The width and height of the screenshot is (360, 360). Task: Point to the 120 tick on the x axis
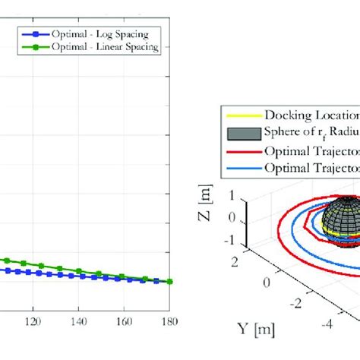click(x=32, y=321)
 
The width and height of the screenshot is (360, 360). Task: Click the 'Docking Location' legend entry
click(x=311, y=115)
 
